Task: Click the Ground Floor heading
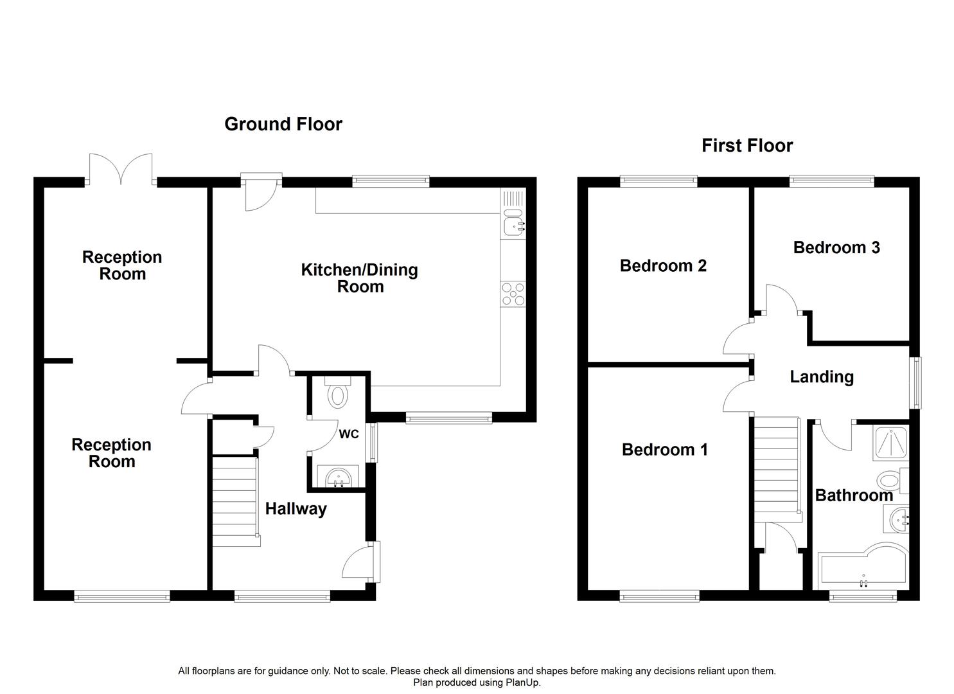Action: coord(283,124)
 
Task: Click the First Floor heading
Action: coord(746,145)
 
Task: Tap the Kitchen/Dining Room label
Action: coord(360,278)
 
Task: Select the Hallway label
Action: coord(296,509)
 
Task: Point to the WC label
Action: coord(348,434)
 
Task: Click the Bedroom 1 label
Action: coord(664,450)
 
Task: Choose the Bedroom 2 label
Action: coord(663,266)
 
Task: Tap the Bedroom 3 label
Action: coord(836,247)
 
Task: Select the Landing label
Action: coord(822,377)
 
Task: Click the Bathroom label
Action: coord(854,495)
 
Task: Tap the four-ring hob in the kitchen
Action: coord(513,294)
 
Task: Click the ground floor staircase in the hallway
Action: coord(236,500)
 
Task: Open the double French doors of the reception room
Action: coord(121,168)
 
